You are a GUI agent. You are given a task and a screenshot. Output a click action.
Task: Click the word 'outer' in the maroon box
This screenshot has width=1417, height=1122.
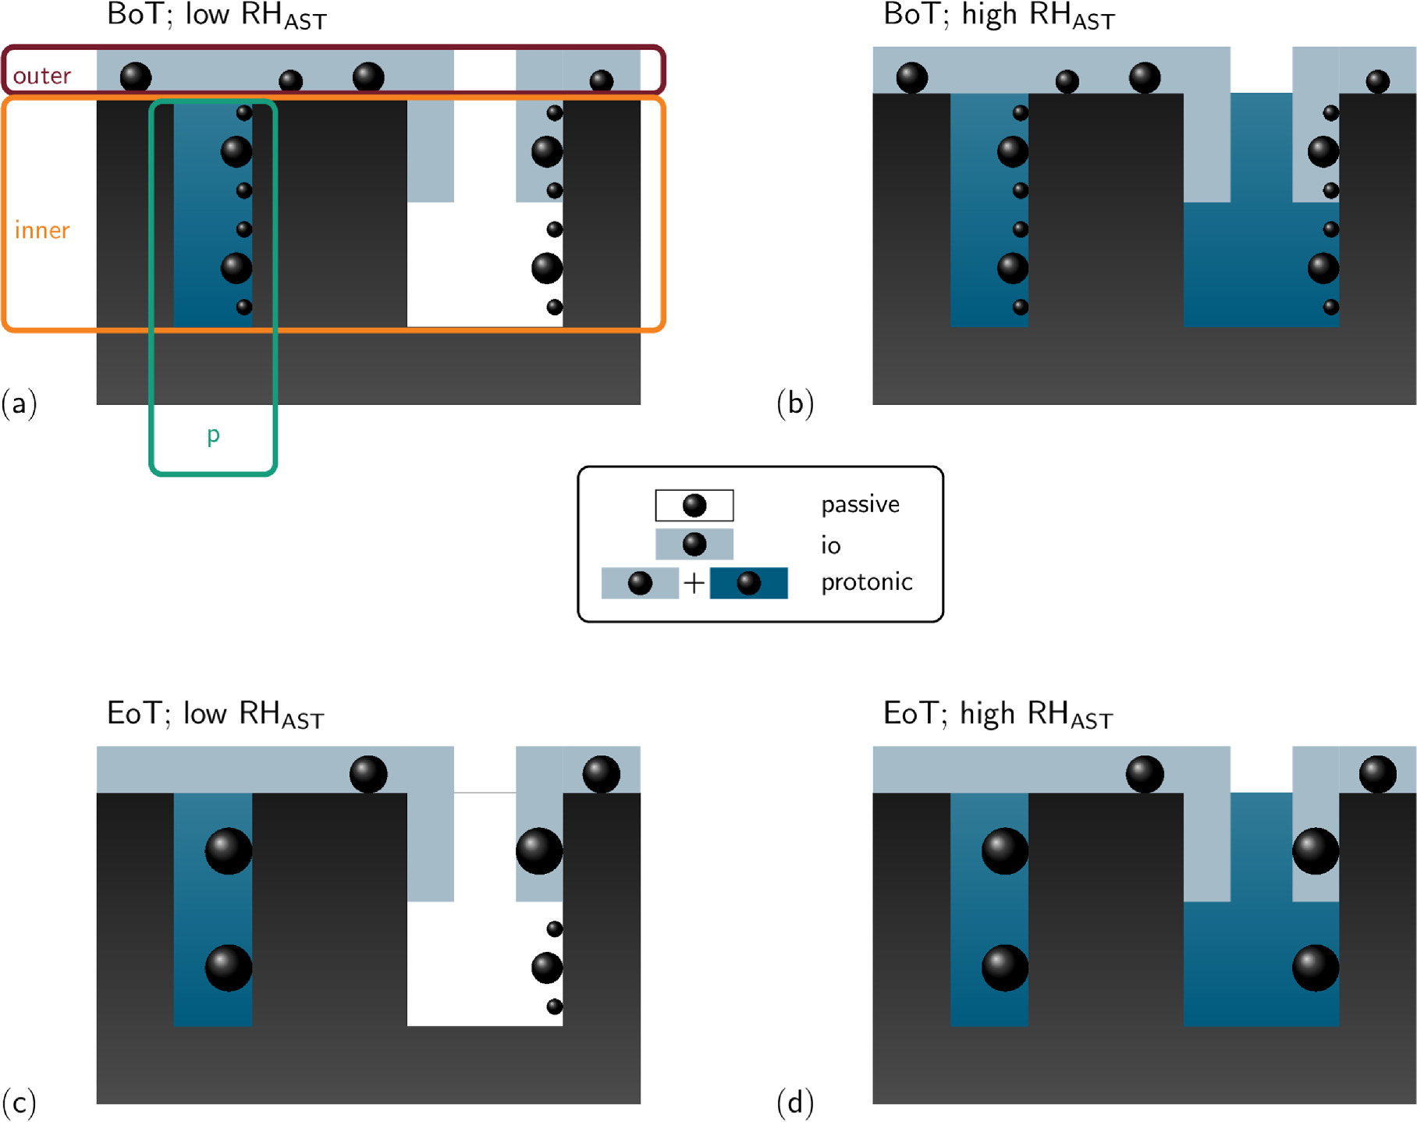(x=42, y=76)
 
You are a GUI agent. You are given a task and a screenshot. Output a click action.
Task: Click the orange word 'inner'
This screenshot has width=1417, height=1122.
(x=42, y=230)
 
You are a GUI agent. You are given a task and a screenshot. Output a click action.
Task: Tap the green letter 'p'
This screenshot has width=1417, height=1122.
(x=213, y=435)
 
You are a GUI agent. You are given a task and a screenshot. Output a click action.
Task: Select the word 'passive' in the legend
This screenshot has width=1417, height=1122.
(x=860, y=505)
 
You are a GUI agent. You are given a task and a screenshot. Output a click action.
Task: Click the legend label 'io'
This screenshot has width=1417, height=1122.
(x=830, y=545)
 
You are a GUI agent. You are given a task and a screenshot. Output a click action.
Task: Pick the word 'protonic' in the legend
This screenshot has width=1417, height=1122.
(x=866, y=582)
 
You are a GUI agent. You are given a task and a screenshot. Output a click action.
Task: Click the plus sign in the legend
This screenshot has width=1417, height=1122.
(x=694, y=583)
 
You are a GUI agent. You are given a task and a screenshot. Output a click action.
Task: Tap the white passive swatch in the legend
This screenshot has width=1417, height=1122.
(x=694, y=505)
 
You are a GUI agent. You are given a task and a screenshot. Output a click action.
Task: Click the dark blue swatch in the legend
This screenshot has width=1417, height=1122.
(x=748, y=583)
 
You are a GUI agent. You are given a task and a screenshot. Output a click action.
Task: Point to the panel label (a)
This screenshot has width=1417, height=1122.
(x=20, y=403)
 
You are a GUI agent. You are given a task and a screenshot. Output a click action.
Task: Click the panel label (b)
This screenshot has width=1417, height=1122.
(x=795, y=403)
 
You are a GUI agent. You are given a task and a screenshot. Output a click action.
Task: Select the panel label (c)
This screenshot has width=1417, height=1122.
(x=20, y=1102)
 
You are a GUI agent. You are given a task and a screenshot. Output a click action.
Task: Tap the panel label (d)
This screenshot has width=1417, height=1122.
(x=795, y=1102)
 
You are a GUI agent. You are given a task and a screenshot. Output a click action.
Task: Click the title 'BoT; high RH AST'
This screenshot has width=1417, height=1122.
(x=998, y=16)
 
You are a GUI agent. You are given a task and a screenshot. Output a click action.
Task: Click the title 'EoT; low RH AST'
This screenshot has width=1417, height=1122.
(x=215, y=714)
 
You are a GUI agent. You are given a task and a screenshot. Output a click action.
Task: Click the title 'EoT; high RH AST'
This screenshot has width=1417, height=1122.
(x=997, y=714)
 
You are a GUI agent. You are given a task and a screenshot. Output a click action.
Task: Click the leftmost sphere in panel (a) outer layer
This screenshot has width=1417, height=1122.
(x=136, y=77)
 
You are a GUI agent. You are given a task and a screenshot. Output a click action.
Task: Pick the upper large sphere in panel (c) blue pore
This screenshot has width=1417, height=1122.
(x=228, y=850)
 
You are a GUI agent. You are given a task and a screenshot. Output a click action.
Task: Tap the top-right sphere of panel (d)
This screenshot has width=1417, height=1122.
(x=1377, y=774)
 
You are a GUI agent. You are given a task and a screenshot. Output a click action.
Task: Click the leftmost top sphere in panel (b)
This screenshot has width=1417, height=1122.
(x=911, y=77)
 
